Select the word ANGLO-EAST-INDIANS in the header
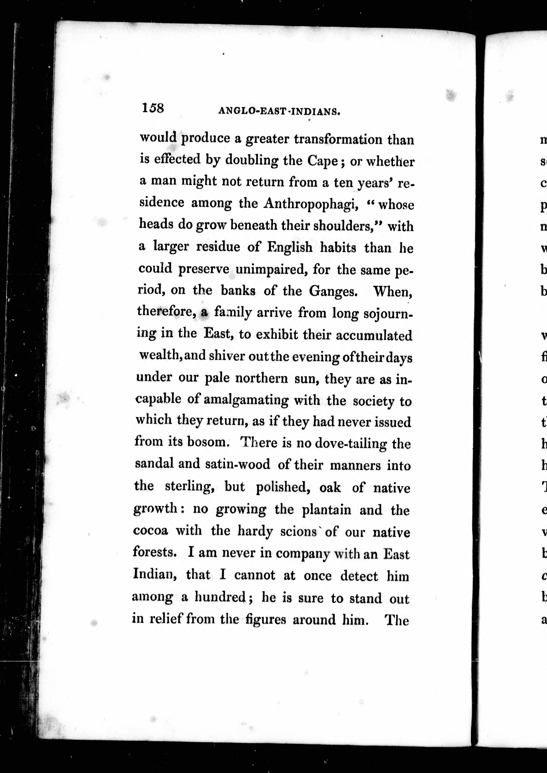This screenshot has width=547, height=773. coord(279,111)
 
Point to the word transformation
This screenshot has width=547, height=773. coord(338,139)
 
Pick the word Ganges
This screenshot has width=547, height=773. coord(333,291)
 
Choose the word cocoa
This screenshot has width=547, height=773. coord(150,530)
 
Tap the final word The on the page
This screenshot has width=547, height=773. coord(397,620)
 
